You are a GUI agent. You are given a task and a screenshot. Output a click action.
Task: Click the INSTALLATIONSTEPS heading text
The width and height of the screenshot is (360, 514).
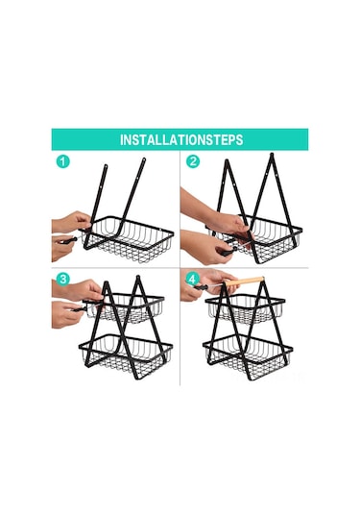point(181,140)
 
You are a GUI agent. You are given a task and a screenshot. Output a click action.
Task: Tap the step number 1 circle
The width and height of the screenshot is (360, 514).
point(63,161)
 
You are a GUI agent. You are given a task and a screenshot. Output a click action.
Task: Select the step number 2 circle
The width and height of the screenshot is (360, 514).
point(193,161)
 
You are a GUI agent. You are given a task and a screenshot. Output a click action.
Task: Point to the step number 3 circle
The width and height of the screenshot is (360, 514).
point(63,280)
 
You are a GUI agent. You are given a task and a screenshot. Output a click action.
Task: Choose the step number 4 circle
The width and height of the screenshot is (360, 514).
point(193,280)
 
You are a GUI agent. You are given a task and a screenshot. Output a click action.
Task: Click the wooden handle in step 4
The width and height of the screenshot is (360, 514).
point(245,281)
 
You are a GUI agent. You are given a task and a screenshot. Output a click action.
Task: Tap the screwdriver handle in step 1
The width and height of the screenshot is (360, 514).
point(69,240)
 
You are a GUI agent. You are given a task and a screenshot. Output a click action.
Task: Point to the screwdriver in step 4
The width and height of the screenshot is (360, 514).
point(209,286)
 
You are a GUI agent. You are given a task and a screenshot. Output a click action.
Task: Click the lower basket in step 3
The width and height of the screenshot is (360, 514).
point(126,354)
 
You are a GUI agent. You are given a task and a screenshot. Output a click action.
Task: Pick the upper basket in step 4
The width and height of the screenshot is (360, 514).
point(245,307)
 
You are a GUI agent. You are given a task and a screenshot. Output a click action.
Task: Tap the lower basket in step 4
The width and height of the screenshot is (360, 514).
point(248,354)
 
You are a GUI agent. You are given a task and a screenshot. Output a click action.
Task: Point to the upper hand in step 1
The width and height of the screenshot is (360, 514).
point(70,222)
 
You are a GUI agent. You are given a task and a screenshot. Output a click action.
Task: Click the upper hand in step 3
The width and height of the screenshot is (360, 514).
point(77,289)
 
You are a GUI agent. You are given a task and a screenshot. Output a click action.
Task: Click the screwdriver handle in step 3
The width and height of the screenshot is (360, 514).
point(78,308)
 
